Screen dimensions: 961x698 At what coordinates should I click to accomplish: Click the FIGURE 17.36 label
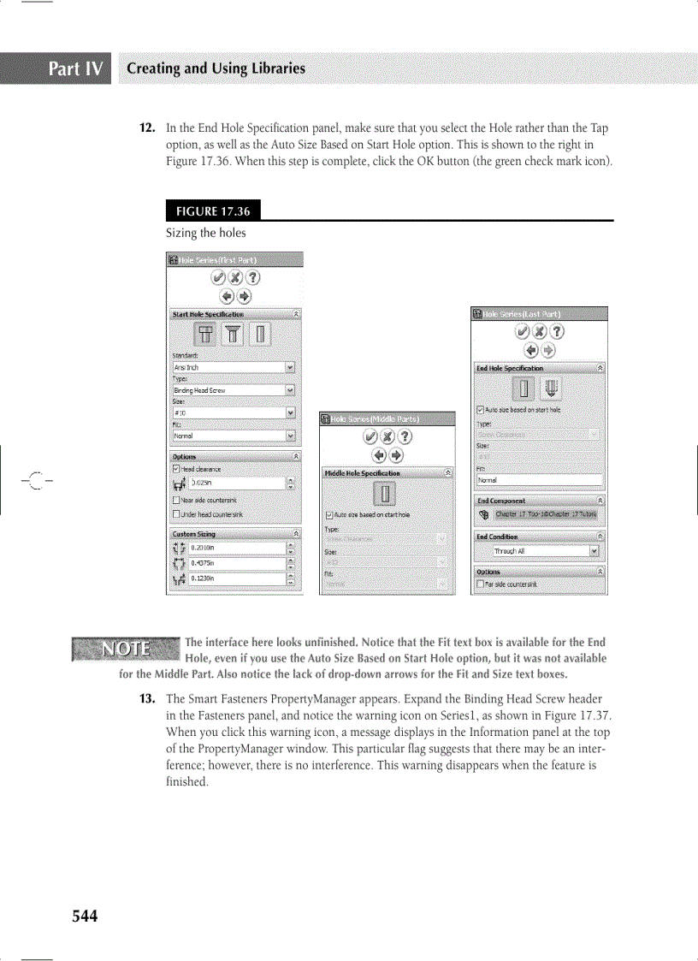pos(213,211)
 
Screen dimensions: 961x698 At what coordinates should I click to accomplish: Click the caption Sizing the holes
pos(205,233)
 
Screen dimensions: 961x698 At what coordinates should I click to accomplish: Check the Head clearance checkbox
pos(176,469)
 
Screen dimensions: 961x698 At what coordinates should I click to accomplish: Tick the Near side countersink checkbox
pos(176,501)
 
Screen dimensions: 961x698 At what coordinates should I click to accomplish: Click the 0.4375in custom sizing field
pos(236,563)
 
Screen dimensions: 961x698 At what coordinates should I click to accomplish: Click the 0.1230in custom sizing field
pos(236,578)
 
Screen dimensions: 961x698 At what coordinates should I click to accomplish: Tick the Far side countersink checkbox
pos(481,585)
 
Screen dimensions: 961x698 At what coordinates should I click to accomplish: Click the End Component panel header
pos(540,501)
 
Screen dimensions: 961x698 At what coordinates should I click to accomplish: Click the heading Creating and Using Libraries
pos(216,68)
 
